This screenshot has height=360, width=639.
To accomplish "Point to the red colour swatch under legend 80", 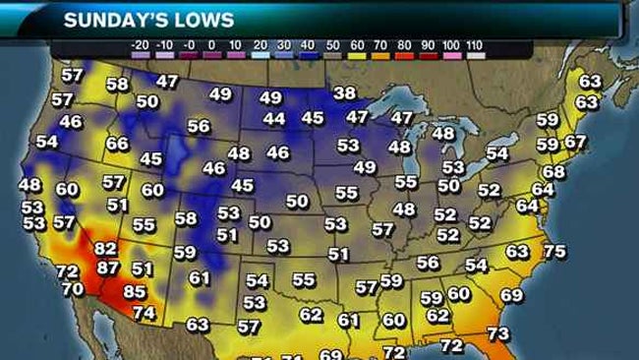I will click(x=403, y=57).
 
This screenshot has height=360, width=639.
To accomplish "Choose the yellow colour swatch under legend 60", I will click(x=354, y=57).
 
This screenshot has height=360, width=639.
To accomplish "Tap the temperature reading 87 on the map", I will click(x=107, y=268).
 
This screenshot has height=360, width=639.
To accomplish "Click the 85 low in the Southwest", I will click(x=134, y=291).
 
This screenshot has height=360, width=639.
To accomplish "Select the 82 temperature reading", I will click(x=105, y=250).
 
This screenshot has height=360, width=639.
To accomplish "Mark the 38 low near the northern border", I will click(x=344, y=93).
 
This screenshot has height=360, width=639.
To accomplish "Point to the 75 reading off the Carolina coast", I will click(x=554, y=251).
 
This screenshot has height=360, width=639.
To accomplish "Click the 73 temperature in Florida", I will click(x=498, y=334).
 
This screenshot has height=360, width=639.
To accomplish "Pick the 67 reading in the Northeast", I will click(x=575, y=142).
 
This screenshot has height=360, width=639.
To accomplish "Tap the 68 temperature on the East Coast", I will click(x=554, y=172).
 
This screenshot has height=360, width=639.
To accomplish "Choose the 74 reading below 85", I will click(x=144, y=313).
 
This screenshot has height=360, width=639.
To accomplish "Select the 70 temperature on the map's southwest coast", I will click(x=73, y=289).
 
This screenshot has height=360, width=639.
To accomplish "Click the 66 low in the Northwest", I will click(x=117, y=144).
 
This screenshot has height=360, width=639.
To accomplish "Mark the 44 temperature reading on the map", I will click(x=274, y=119).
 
